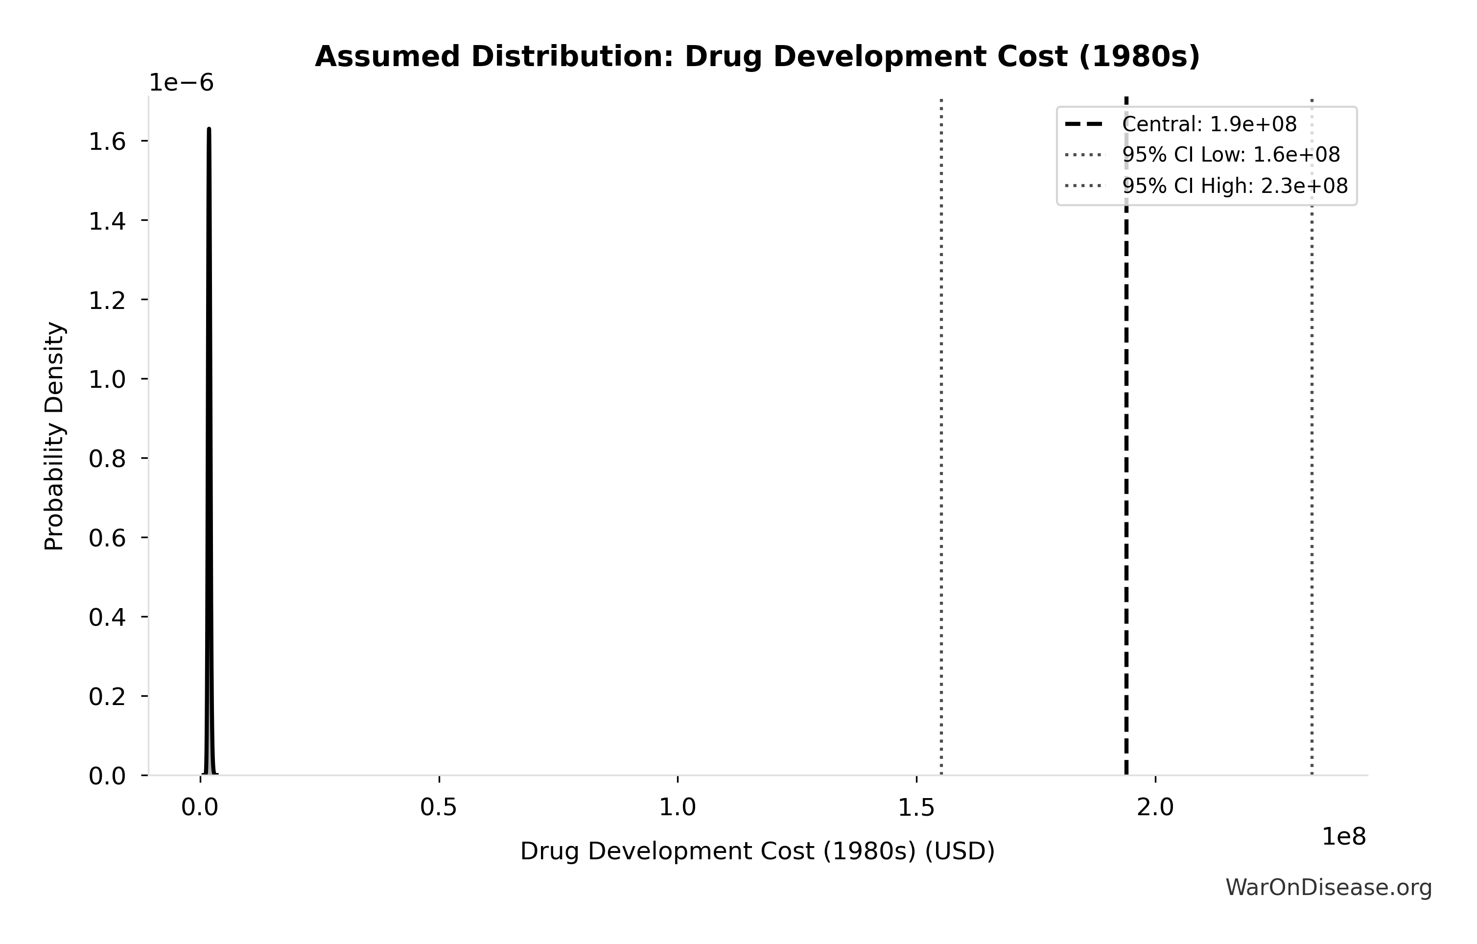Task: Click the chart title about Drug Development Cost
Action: (757, 57)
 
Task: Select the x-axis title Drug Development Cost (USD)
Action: (757, 851)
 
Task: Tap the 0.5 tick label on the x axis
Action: (439, 808)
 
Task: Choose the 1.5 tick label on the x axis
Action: (916, 808)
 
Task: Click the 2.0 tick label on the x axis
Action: (1155, 808)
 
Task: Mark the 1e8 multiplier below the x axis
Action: (1343, 837)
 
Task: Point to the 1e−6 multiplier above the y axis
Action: (182, 83)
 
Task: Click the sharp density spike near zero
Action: (209, 429)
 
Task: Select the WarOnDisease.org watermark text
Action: (1329, 888)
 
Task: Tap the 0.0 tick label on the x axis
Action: (200, 808)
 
